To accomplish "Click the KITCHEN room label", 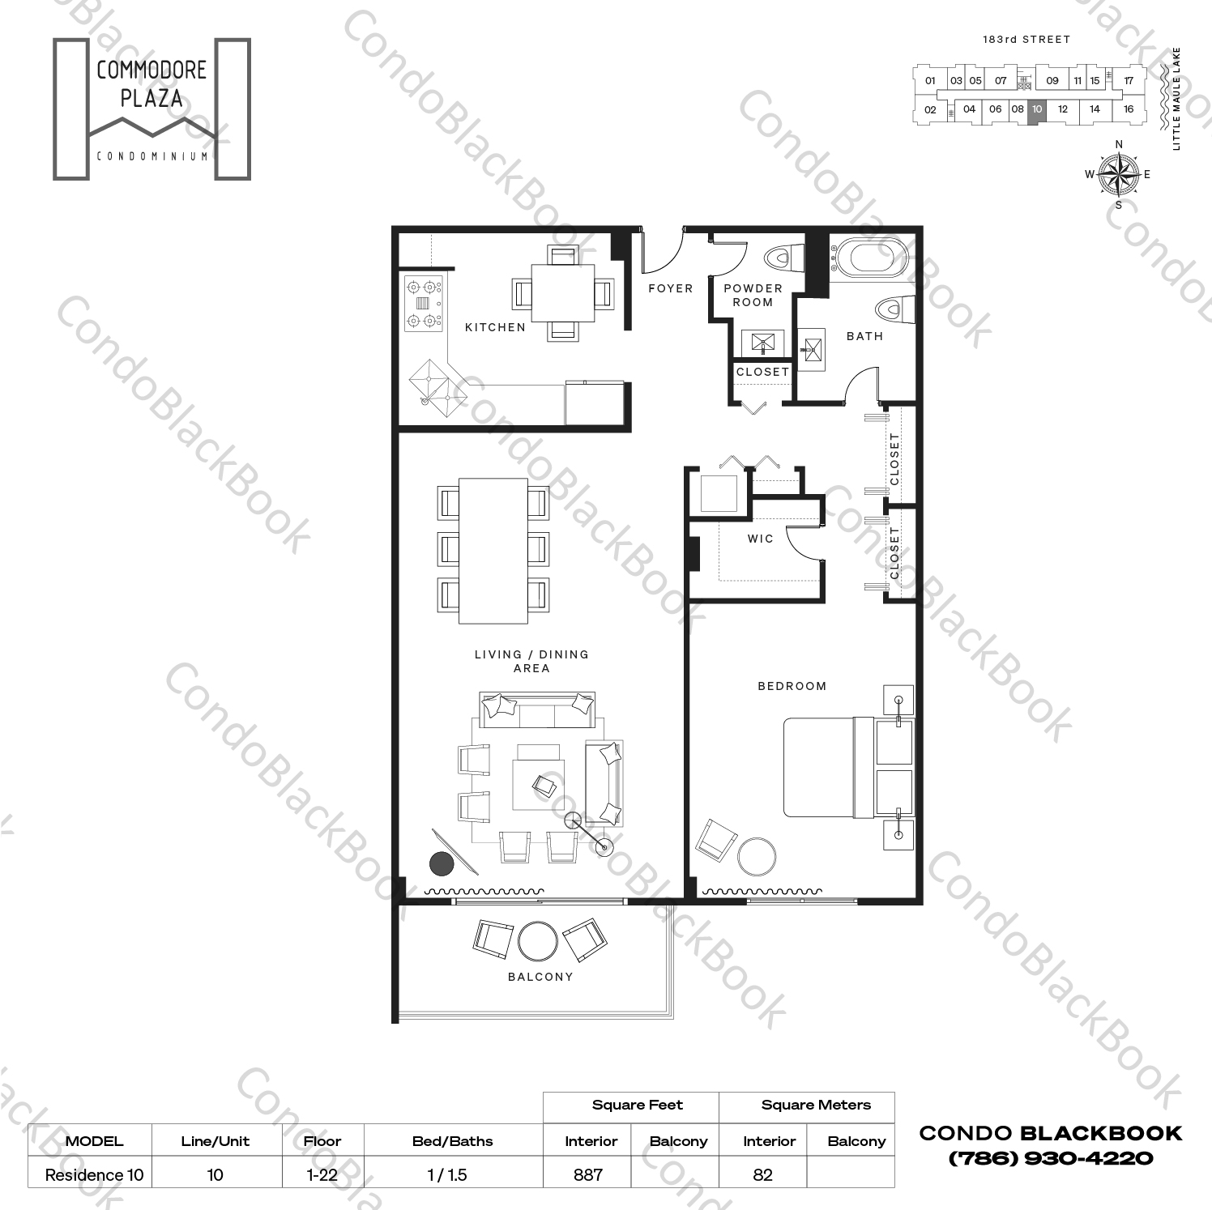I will (x=495, y=327).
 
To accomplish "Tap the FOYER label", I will (x=670, y=288).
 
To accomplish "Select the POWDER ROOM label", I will (x=753, y=295).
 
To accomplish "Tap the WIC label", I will (x=760, y=539).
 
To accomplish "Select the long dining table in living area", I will (x=493, y=551).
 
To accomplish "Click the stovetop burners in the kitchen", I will (x=424, y=304).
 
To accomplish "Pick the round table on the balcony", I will (x=538, y=941).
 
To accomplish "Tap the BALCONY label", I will (x=540, y=977).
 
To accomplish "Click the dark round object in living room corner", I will (x=441, y=864).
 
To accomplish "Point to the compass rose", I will (x=1118, y=174).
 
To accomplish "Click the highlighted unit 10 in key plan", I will (x=1037, y=109).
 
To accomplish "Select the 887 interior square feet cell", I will (x=588, y=1174).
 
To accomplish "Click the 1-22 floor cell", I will (x=322, y=1174).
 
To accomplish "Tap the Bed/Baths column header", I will (x=452, y=1141).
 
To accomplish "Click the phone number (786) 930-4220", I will (x=1050, y=1158).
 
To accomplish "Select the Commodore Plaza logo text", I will (x=151, y=84).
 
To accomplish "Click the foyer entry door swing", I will (x=662, y=254).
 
